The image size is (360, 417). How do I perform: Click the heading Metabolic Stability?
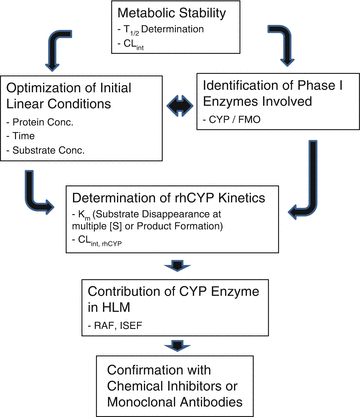(x=181, y=12)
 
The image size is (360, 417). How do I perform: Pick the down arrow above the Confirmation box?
(x=180, y=342)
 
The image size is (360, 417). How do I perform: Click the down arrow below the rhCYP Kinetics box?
(x=180, y=267)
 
